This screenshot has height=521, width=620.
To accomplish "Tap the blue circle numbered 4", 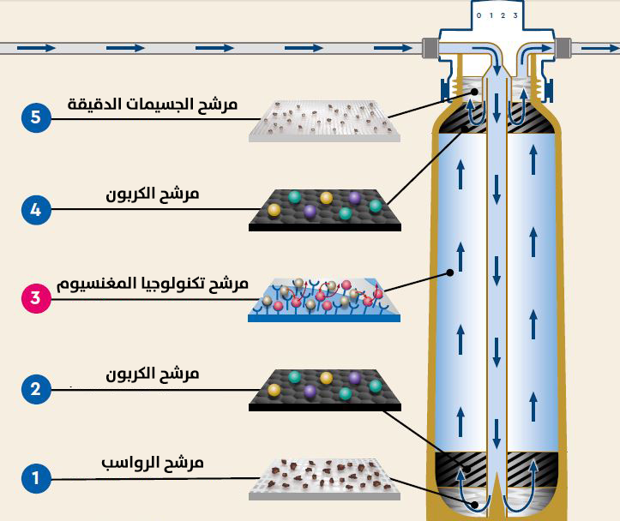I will coord(36,208).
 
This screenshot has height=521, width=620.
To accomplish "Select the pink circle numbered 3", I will coord(36,298).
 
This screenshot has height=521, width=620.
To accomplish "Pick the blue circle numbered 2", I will coord(36,388).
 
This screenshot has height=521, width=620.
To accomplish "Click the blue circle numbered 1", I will coord(36,477).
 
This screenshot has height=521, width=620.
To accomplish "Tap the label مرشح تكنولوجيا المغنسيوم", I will coord(153,283).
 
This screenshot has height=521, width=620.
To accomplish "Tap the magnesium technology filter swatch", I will coord(324,299).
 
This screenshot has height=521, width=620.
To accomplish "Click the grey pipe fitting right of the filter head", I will coord(563,48).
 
